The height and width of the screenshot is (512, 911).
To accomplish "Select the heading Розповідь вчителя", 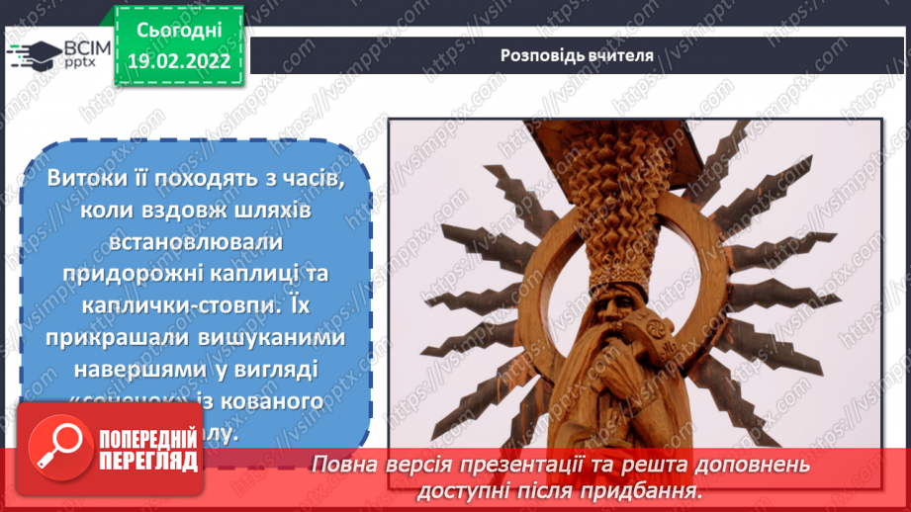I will [577, 55].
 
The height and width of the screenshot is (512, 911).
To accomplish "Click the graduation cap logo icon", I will [34, 54].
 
